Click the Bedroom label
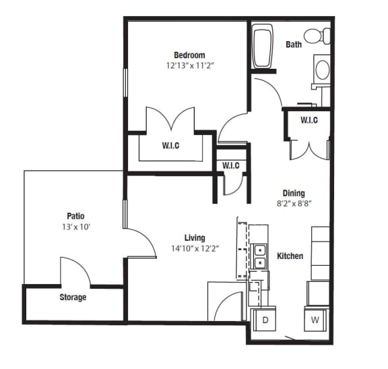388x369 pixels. (x=189, y=55)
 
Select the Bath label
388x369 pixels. (x=294, y=45)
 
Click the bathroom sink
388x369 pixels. (x=322, y=69)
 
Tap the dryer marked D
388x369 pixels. (x=263, y=320)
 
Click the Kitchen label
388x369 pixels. (x=290, y=256)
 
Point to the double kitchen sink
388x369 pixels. (x=259, y=257)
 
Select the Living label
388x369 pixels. (x=195, y=237)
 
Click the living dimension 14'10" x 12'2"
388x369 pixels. (x=195, y=248)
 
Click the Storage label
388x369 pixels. (x=72, y=297)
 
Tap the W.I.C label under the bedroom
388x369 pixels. (x=170, y=144)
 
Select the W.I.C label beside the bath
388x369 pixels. (x=309, y=120)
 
